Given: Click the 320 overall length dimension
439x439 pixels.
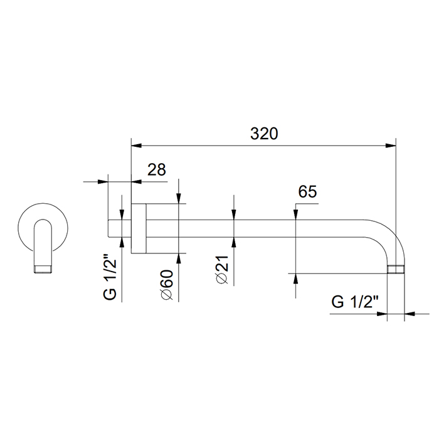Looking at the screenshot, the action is coord(264,134).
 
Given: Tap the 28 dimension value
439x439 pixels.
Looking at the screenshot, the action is coord(157,169).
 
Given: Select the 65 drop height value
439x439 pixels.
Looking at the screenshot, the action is coord(307,191).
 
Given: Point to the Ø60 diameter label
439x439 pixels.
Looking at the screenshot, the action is coord(167,285).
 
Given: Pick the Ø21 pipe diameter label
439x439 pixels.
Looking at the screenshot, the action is coord(223,270).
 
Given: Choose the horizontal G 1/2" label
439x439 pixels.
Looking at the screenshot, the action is coord(354,302).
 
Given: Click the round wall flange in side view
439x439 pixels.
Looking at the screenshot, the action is coord(139,228).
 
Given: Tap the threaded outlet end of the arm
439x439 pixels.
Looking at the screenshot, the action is coord(396,269).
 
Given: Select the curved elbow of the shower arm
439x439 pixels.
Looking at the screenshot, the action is coord(393,237).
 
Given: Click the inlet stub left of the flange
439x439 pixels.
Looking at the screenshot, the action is coord(120,228).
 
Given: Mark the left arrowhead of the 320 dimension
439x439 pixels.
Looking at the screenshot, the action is coord(136,145).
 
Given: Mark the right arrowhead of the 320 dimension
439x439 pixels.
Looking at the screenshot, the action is coord(391,145).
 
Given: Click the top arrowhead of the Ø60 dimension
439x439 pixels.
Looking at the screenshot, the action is coord(179,199).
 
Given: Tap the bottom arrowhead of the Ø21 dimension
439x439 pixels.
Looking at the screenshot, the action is coord(234,243).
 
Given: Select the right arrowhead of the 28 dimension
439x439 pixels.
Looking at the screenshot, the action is coord(136,182).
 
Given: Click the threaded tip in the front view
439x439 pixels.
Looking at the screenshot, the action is coord(43,269).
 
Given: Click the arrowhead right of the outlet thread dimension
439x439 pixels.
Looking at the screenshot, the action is coord(410,314).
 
